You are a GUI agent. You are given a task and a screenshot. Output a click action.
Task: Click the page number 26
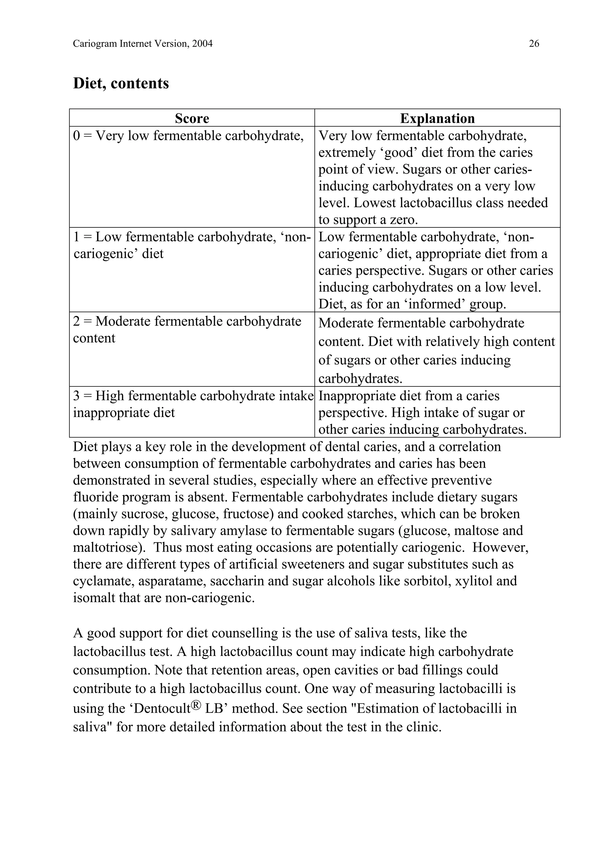click(x=534, y=44)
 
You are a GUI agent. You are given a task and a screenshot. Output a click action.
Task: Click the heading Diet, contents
click(x=121, y=83)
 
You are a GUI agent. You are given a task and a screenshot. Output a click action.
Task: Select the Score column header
click(x=192, y=118)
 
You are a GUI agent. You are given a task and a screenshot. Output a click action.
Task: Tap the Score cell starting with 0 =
click(x=188, y=136)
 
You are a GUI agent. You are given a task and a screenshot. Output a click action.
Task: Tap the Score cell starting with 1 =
click(x=192, y=245)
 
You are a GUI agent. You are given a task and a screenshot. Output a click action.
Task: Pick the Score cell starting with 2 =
click(x=187, y=329)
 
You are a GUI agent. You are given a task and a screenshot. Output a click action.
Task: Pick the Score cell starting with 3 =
click(x=193, y=404)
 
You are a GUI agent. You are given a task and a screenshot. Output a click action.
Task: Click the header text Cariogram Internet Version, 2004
click(x=143, y=44)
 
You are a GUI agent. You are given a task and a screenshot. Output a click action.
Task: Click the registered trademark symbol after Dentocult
click(x=196, y=705)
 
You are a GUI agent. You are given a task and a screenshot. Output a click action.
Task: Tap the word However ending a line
click(x=500, y=547)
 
